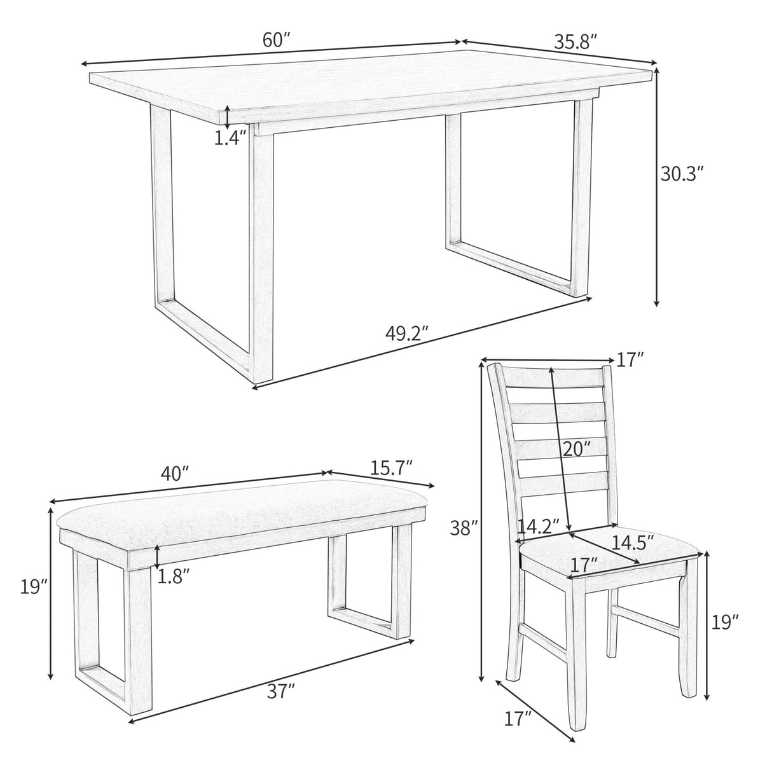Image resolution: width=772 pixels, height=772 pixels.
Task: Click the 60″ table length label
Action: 276,39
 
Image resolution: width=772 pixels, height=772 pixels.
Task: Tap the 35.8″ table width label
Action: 576,42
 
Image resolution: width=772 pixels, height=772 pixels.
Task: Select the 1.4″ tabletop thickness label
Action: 230,137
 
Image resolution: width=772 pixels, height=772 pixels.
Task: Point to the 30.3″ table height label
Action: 682,174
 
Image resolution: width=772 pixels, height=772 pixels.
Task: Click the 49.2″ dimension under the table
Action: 408,333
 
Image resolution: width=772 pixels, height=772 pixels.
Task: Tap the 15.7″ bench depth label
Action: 392,467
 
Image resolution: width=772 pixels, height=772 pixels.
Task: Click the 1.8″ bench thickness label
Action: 172,576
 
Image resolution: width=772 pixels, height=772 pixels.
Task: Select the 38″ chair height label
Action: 464,528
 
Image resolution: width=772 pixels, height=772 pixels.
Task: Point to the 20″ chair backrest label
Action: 576,449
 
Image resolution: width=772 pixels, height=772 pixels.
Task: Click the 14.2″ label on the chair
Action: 538,526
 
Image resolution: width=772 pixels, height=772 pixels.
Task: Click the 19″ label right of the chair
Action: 726,621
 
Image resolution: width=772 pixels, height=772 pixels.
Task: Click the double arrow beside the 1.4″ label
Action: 227,117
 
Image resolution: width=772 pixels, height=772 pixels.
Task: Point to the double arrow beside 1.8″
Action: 156,557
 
